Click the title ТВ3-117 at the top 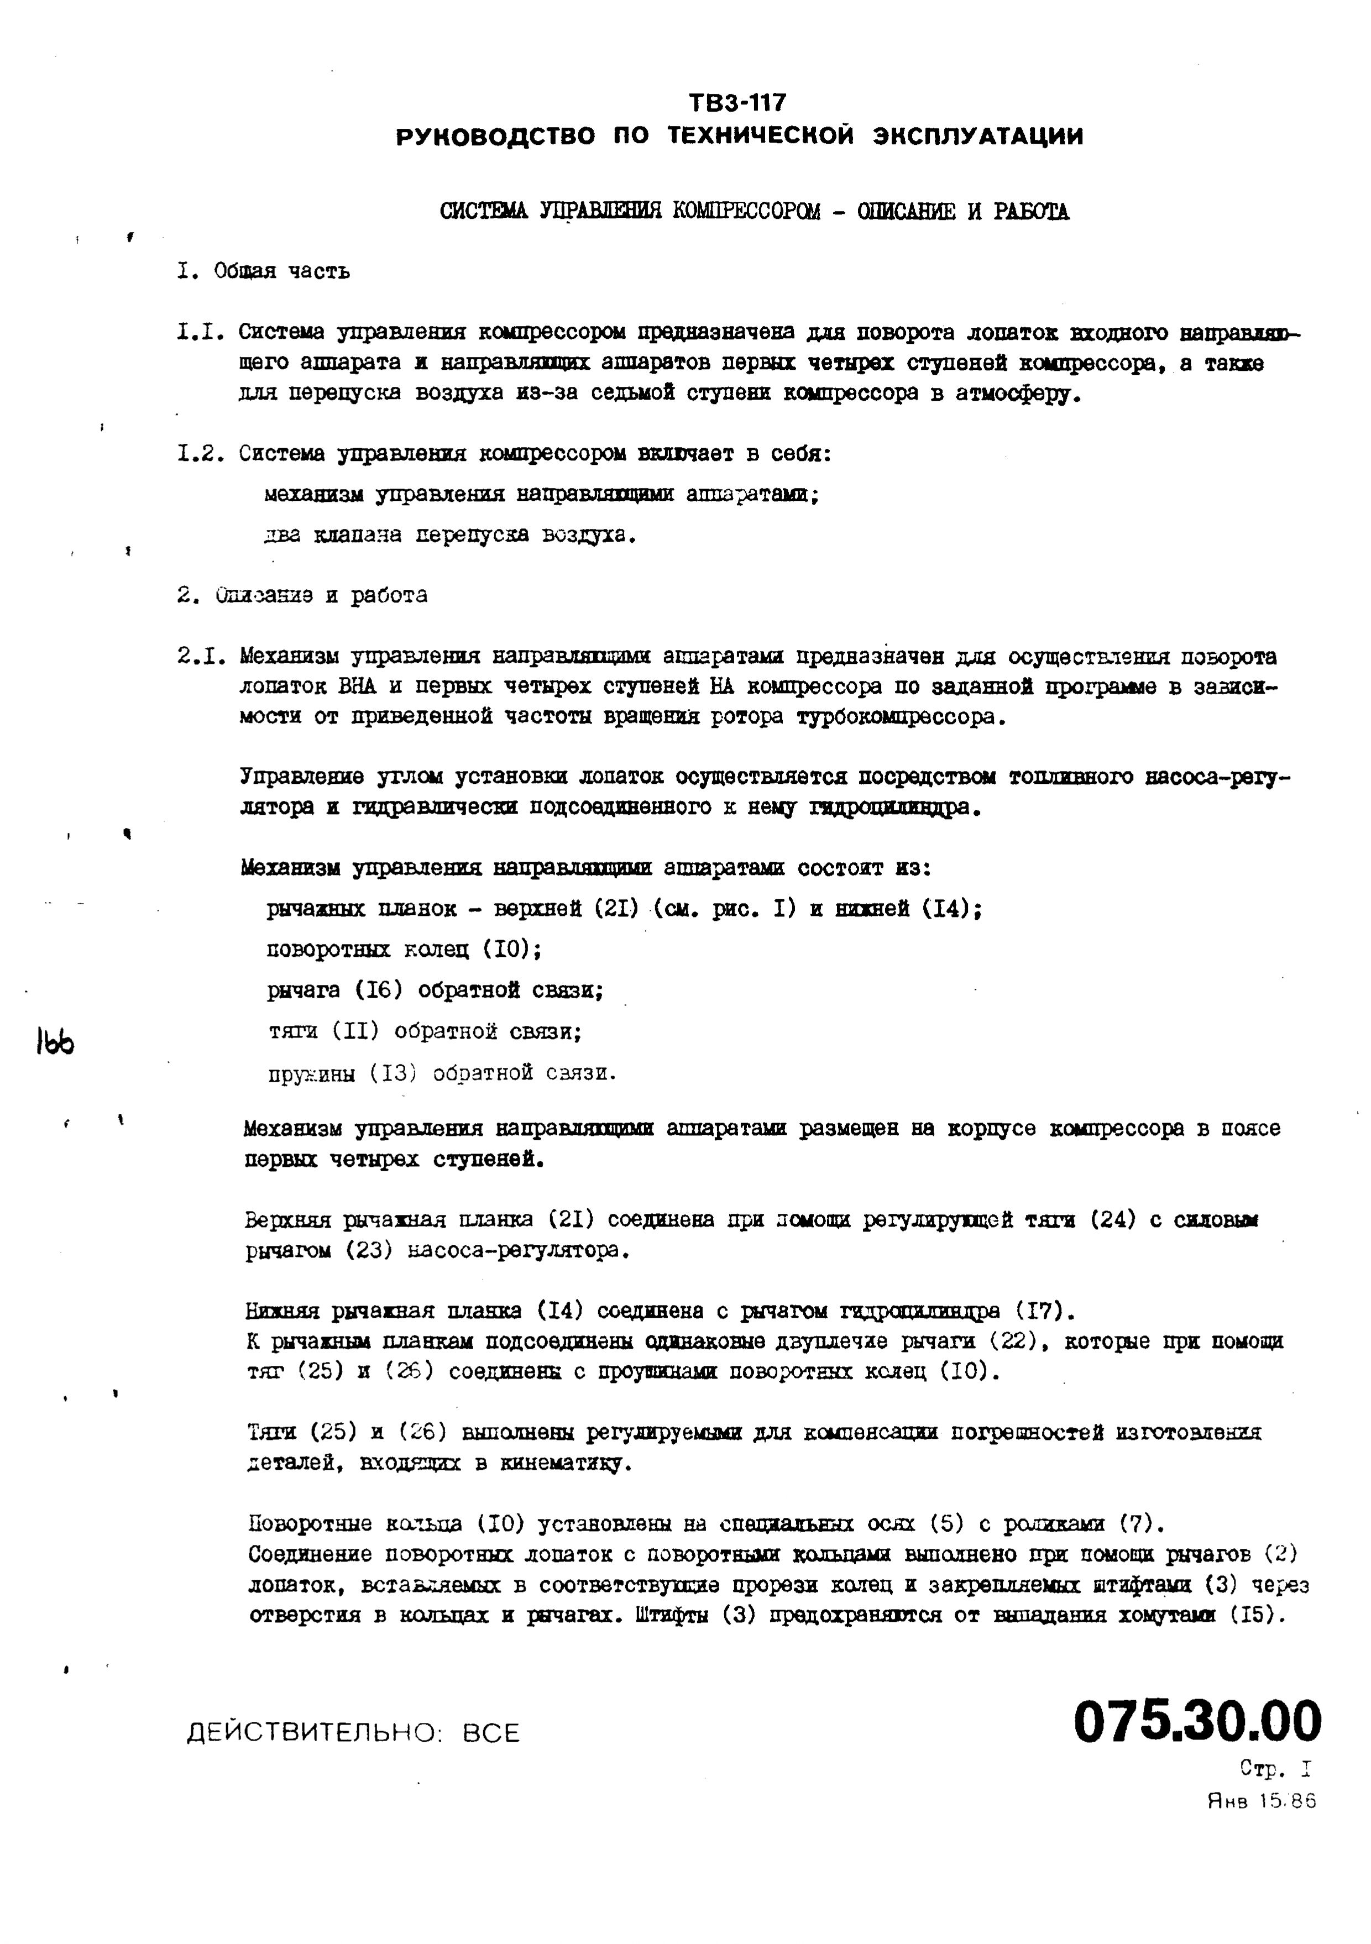coord(737,102)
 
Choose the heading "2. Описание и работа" coord(302,595)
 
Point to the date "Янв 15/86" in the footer coord(1262,1802)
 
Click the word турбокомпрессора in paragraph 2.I coord(900,718)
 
